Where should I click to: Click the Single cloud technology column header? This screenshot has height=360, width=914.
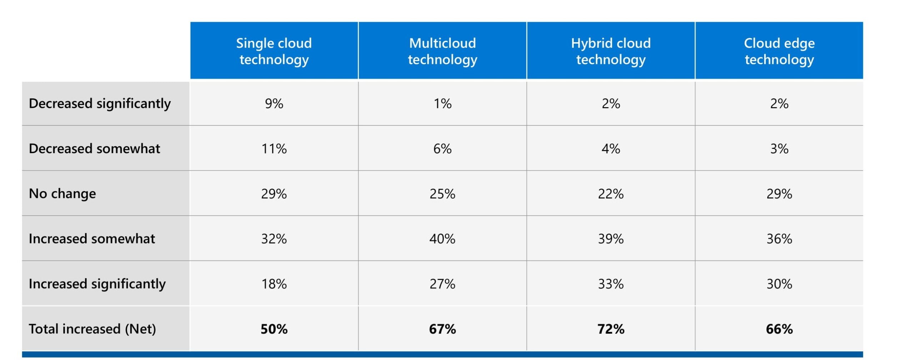tap(274, 51)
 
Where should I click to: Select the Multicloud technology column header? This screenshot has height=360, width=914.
tap(442, 51)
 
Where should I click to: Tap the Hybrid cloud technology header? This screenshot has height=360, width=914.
tap(611, 51)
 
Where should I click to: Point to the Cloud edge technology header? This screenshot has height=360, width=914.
tap(779, 51)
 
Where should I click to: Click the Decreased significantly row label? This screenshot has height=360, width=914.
tap(100, 104)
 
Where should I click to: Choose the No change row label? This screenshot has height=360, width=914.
tap(62, 194)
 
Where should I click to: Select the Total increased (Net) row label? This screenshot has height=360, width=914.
tap(92, 329)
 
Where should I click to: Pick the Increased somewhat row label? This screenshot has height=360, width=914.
tap(92, 239)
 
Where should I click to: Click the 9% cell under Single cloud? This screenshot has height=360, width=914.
tap(274, 104)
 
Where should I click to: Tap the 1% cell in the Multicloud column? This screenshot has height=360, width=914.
tap(442, 104)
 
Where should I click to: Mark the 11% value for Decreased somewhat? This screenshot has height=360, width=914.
tap(274, 149)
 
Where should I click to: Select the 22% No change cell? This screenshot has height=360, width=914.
tap(611, 194)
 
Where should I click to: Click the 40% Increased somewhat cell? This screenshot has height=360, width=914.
tap(442, 239)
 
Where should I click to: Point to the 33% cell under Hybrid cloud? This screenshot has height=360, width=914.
tap(611, 284)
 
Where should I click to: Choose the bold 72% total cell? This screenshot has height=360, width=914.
tap(611, 329)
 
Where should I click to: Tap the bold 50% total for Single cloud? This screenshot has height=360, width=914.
tap(274, 329)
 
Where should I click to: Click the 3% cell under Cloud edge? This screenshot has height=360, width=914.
tap(779, 149)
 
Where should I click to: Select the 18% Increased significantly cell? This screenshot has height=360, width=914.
tap(274, 284)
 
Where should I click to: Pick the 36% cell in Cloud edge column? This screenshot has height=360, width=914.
tap(779, 239)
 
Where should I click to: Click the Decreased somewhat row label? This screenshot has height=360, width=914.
tap(94, 149)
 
